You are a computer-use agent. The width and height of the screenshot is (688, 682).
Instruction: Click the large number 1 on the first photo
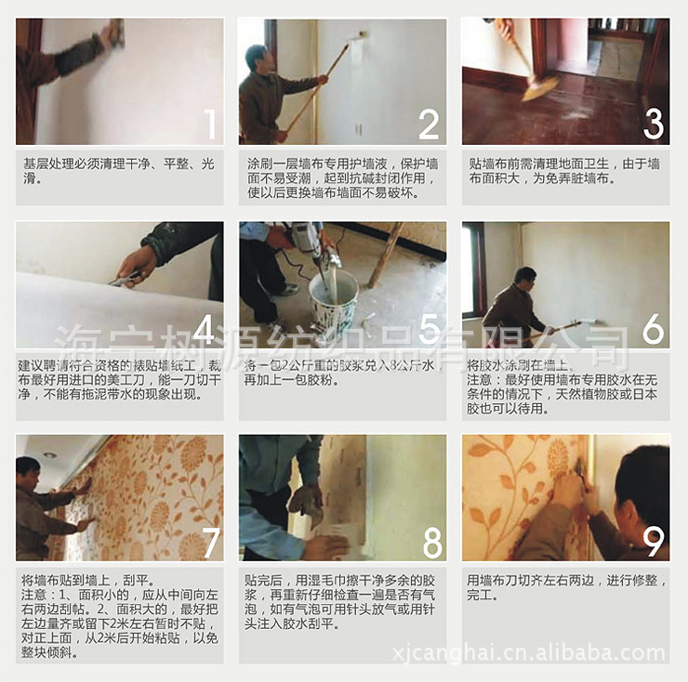(x=209, y=125)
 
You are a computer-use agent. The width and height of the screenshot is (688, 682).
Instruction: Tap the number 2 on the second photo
(x=429, y=125)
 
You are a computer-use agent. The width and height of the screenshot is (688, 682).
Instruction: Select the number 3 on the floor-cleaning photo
(x=654, y=125)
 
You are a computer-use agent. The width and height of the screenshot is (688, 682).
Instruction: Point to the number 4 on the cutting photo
(x=207, y=330)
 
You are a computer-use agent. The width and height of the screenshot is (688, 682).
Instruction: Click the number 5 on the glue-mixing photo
(x=429, y=330)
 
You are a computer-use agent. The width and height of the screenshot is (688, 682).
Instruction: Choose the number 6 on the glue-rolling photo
(x=654, y=330)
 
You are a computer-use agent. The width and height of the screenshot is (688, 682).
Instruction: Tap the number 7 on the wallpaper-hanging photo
(x=209, y=542)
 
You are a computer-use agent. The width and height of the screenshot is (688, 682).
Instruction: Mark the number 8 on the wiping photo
(x=430, y=542)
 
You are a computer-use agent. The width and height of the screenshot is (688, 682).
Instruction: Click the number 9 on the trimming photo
(x=654, y=542)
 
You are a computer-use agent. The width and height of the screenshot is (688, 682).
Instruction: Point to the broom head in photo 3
(x=539, y=88)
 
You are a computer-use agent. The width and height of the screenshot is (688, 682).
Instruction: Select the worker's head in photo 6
(x=525, y=277)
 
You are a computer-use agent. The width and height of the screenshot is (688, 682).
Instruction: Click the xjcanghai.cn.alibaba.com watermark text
(x=569, y=654)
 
